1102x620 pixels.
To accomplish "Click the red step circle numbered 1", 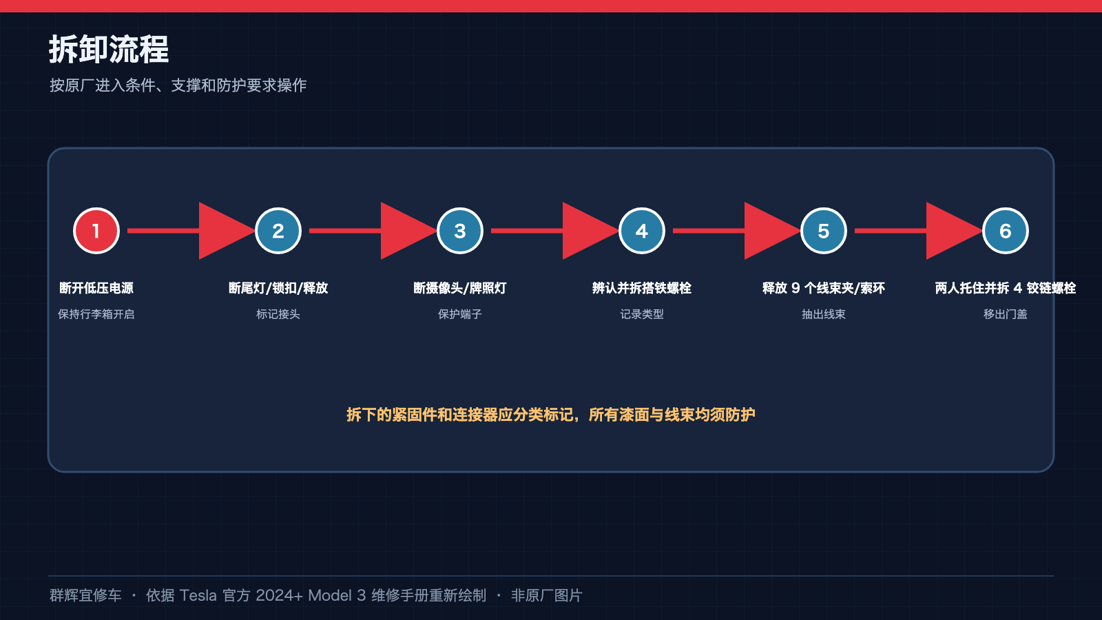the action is point(96,231).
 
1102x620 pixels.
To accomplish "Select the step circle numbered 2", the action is point(278,231).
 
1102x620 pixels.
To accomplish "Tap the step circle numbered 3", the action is point(460,231).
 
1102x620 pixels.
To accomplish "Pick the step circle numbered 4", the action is point(641,231).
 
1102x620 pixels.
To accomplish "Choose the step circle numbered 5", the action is point(824,231).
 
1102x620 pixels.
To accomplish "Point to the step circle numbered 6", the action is point(1005,231).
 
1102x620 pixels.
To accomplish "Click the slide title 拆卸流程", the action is point(109,49).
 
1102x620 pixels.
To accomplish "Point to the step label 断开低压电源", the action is point(96,288).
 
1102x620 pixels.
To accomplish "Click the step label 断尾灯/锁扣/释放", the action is point(278,288).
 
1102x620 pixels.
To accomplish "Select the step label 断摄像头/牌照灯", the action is point(460,288).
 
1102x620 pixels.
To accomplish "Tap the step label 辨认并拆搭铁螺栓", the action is point(641,288).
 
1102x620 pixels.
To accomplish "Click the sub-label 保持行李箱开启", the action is point(96,314).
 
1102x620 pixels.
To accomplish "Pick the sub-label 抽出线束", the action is point(824,314).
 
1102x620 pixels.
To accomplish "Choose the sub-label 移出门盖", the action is point(1005,314).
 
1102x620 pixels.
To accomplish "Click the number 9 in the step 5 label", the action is point(796,289).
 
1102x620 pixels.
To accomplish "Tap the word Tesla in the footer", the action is point(198,595).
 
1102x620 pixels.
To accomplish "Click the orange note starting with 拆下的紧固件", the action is point(551,415).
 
